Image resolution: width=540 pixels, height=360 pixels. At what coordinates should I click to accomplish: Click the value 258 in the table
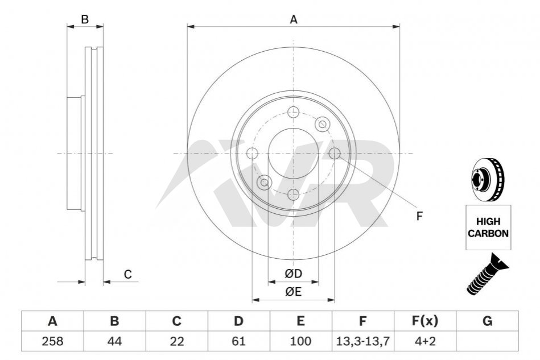click(x=52, y=341)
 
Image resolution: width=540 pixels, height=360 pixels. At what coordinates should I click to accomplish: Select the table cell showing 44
click(x=114, y=341)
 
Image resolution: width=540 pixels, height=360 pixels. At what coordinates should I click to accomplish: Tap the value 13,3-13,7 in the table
click(x=363, y=341)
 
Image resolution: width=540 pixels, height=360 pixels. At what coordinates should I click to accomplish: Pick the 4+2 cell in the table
click(x=425, y=341)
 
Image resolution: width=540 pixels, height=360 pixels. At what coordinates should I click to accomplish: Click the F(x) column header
click(x=425, y=321)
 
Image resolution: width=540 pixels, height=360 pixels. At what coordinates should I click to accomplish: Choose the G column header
click(x=487, y=321)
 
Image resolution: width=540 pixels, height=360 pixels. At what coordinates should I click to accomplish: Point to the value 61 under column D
click(x=238, y=341)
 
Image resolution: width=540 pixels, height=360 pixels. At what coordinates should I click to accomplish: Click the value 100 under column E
click(x=300, y=341)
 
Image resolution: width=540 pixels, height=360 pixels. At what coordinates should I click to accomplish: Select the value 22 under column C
click(x=176, y=341)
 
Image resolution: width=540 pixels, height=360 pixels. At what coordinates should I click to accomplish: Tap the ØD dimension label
click(x=294, y=274)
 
